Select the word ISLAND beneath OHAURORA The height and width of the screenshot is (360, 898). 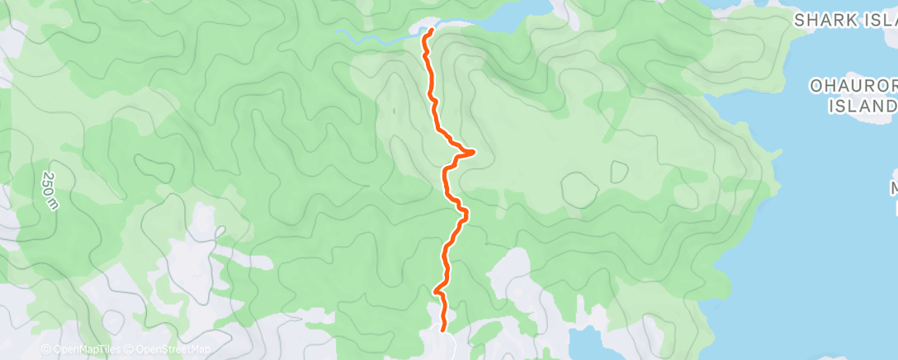click(863, 106)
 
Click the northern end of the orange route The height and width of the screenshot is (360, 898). click(431, 31)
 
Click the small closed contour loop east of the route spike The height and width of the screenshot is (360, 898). click(617, 172)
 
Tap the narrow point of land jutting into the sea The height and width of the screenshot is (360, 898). click(776, 153)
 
